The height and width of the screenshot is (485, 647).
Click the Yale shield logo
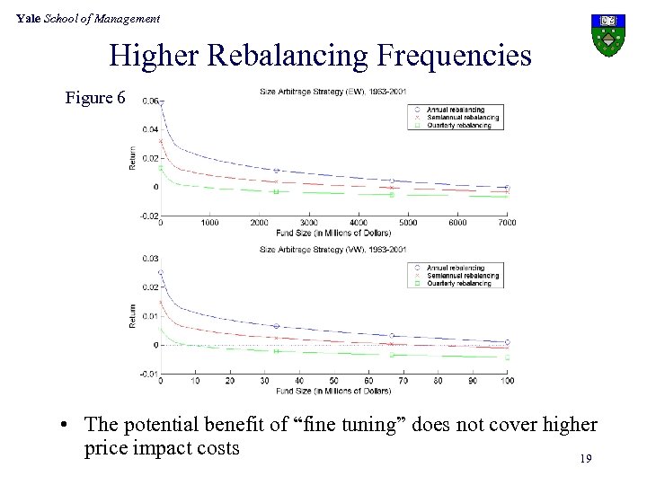pos(608,33)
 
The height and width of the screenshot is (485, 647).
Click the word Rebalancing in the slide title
pos(291,57)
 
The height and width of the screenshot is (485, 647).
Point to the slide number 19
pos(585,459)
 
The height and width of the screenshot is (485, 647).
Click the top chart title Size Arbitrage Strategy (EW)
pos(332,89)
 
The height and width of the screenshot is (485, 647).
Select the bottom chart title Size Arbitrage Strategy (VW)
pos(332,249)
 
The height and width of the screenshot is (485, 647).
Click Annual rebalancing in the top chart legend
pos(458,110)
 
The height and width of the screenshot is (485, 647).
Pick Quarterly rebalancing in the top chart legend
pos(459,126)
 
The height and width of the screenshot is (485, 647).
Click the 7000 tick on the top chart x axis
pos(507,223)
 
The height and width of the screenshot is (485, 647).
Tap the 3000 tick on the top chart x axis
pos(308,223)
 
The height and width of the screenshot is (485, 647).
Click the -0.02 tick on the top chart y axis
pos(148,216)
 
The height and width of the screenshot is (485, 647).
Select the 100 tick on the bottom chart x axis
pos(507,381)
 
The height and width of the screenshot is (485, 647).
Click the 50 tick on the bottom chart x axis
pos(334,381)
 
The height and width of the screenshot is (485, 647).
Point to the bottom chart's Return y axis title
pos(133,315)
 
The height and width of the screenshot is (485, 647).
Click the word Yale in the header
pos(28,18)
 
